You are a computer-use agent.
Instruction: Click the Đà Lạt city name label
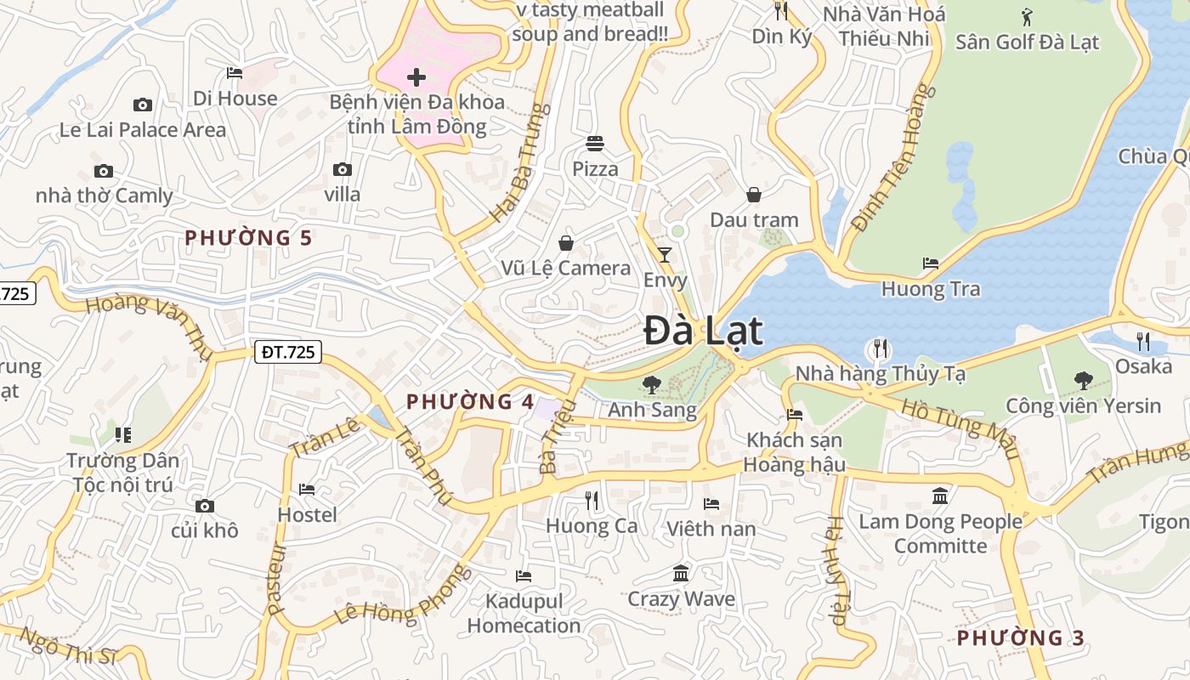pos(703,331)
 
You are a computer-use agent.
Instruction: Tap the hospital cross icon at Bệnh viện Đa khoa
pos(416,78)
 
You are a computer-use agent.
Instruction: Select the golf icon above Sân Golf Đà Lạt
pos(1027,16)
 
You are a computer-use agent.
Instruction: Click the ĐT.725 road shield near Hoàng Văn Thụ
pos(288,352)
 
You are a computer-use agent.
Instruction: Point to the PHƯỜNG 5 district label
pos(249,238)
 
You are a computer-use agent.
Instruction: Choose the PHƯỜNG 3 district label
pos(1021,637)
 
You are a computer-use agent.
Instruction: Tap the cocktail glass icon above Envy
pos(665,254)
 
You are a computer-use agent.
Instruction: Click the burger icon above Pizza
pos(594,144)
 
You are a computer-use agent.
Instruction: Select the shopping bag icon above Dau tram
pos(754,195)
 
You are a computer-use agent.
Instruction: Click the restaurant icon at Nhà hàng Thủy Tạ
pos(881,348)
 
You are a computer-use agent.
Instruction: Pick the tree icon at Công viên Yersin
pos(1083,380)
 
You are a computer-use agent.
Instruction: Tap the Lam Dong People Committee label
pos(940,533)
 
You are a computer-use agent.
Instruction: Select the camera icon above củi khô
pos(205,506)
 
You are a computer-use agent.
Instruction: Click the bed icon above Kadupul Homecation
pos(524,575)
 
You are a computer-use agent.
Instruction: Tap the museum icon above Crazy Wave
pos(681,574)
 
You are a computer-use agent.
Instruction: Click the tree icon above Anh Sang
pos(652,385)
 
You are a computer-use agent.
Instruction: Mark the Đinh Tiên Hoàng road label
pos(892,159)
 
